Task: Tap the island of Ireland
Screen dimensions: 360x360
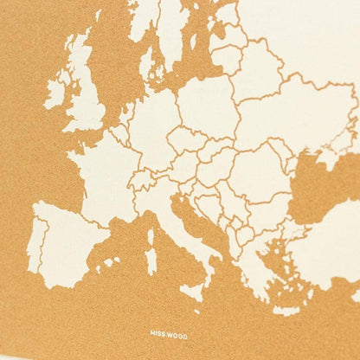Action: click(x=55, y=91)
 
